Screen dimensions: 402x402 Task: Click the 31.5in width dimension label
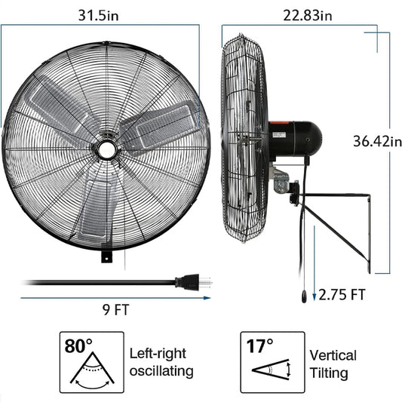pyautogui.click(x=99, y=15)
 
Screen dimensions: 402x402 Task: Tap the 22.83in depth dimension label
pyautogui.click(x=308, y=15)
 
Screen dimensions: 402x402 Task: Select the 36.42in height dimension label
pyautogui.click(x=377, y=141)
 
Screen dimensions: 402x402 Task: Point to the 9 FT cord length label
pyautogui.click(x=116, y=310)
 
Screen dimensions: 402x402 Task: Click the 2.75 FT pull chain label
pyautogui.click(x=342, y=295)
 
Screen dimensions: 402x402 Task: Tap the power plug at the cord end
pyautogui.click(x=193, y=282)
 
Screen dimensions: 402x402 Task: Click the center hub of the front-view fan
pyautogui.click(x=106, y=149)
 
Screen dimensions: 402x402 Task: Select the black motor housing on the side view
pyautogui.click(x=295, y=140)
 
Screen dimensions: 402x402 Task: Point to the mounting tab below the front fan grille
pyautogui.click(x=106, y=256)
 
